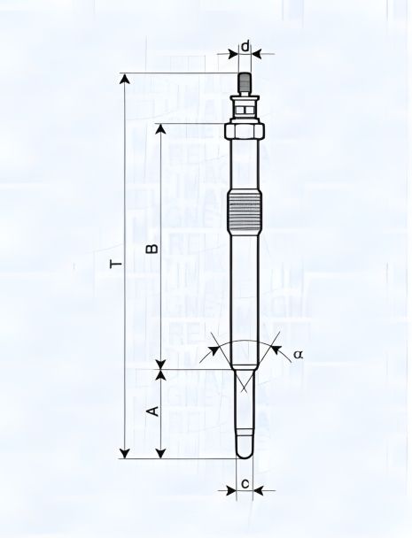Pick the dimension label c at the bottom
(245, 484)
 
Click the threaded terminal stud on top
(245, 82)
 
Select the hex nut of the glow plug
(245, 130)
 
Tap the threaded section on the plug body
(245, 211)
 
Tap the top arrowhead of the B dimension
(159, 127)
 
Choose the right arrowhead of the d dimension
(259, 52)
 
